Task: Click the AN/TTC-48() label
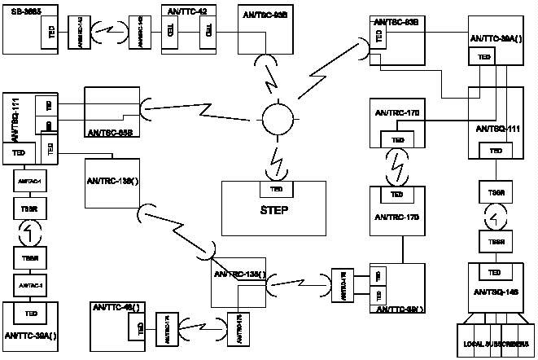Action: (115, 307)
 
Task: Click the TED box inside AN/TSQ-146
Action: (493, 272)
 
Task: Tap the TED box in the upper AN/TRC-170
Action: (398, 140)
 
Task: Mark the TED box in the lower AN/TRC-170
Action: (397, 195)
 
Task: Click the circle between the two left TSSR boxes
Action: (25, 234)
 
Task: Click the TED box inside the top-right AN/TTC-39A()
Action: (485, 56)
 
